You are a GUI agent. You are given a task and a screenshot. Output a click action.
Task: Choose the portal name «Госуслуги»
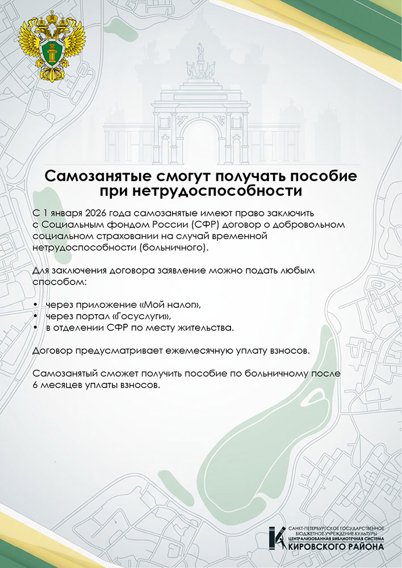pos(143,316)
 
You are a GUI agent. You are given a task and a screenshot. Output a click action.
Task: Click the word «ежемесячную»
pos(192,351)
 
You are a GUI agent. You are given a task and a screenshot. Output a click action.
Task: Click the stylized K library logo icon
pos(278,538)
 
